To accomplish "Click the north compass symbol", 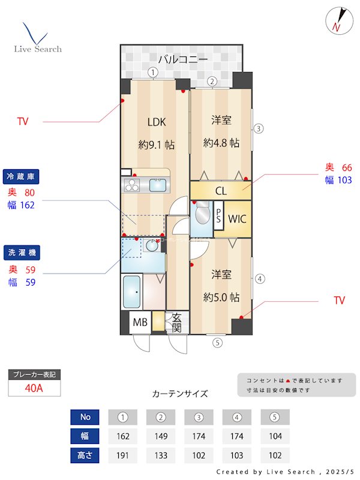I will pyautogui.click(x=338, y=20).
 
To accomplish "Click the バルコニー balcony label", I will pyautogui.click(x=183, y=59).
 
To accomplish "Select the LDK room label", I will pyautogui.click(x=157, y=122).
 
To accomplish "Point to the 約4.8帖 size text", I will pyautogui.click(x=221, y=143).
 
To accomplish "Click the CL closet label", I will pyautogui.click(x=220, y=191).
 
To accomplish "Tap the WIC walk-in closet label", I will pyautogui.click(x=237, y=218).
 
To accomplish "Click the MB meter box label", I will pyautogui.click(x=140, y=322).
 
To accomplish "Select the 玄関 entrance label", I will pyautogui.click(x=177, y=322).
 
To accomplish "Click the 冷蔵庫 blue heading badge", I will pyautogui.click(x=23, y=176).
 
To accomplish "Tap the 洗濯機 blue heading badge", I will pyautogui.click(x=23, y=253).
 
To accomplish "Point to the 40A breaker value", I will pyautogui.click(x=34, y=388).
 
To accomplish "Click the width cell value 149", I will pyautogui.click(x=160, y=436).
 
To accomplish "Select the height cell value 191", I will pyautogui.click(x=122, y=455).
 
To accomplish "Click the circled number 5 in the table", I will pyautogui.click(x=275, y=417).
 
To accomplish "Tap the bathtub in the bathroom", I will pyautogui.click(x=131, y=292).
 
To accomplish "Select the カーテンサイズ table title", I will pyautogui.click(x=180, y=394).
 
